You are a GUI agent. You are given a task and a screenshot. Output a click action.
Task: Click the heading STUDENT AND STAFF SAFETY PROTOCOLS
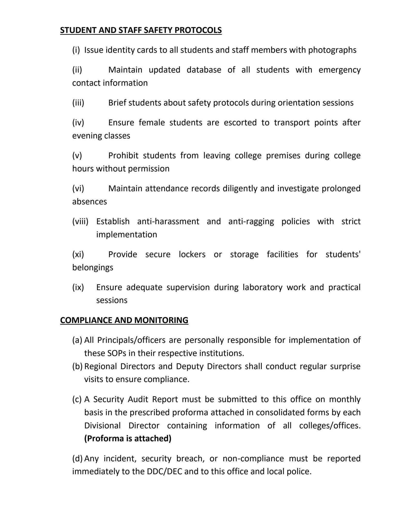[x=141, y=30]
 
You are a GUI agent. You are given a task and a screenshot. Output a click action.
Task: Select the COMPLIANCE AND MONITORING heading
[x=124, y=320]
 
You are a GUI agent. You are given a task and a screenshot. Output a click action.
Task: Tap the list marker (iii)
[x=78, y=103]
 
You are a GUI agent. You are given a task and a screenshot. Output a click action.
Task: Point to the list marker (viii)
[x=80, y=221]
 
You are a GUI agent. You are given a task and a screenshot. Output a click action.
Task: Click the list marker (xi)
[x=78, y=254]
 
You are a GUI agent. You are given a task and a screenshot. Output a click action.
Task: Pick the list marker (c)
[x=77, y=399]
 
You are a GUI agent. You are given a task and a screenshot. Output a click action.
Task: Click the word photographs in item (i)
[x=332, y=50]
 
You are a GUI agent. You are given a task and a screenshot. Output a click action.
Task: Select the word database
[x=204, y=70]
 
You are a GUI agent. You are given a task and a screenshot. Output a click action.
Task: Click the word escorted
[x=240, y=122]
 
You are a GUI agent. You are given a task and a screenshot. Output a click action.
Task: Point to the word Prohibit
[x=123, y=155]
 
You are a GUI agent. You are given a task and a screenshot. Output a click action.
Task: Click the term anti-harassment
[x=168, y=221]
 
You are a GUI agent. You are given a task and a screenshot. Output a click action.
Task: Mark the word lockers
[x=192, y=254]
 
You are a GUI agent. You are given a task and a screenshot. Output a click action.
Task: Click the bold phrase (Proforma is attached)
[x=128, y=439]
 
